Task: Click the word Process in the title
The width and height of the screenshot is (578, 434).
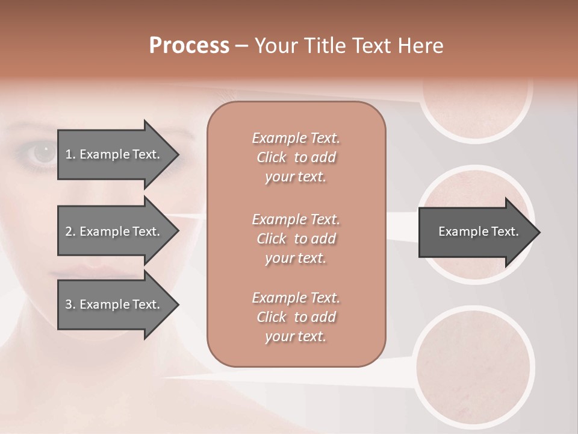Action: (189, 46)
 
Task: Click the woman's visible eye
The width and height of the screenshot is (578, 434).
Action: (43, 154)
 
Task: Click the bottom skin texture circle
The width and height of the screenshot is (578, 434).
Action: (475, 365)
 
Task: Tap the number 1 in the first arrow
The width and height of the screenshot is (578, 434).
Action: (68, 154)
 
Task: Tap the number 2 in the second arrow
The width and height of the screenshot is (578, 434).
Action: (68, 231)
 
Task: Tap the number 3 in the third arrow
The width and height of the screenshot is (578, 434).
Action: (68, 304)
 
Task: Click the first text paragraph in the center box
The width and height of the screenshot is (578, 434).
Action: (296, 157)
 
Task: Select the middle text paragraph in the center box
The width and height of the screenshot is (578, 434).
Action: (296, 239)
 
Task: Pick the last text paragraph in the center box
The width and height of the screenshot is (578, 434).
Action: (296, 317)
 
